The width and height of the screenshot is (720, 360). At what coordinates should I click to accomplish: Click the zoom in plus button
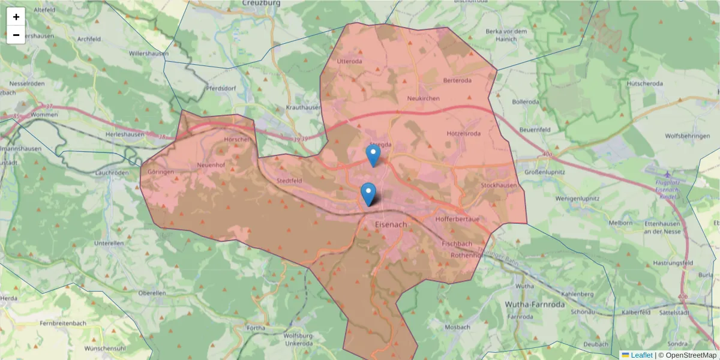16,17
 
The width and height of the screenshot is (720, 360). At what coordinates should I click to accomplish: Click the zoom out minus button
16,35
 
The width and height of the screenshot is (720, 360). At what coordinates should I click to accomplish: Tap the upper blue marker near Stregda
373,155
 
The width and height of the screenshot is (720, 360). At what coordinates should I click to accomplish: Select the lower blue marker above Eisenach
368,194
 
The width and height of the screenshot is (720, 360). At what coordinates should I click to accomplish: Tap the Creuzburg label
262,3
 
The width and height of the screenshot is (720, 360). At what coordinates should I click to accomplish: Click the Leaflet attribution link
641,355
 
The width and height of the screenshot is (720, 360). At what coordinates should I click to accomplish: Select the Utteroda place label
350,61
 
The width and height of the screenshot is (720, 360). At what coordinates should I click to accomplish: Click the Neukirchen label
423,98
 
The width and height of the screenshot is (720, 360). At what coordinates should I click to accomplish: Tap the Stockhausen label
499,185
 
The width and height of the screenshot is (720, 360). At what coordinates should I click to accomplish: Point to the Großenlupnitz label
545,172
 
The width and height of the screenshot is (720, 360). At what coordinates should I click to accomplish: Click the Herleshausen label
125,135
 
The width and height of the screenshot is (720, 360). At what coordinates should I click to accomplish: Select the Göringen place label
161,172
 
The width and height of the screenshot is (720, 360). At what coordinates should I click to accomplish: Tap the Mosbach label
458,328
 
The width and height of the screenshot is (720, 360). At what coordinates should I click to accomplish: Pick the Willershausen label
148,53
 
